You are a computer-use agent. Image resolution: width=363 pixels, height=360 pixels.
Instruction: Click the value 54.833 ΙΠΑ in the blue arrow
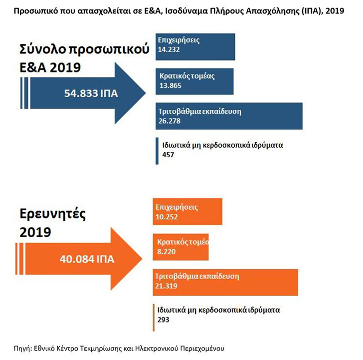[91, 94]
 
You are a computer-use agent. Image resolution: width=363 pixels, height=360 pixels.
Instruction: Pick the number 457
[167, 155]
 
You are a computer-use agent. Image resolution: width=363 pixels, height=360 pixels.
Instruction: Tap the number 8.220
[166, 253]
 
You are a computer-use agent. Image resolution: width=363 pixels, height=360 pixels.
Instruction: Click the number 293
[164, 320]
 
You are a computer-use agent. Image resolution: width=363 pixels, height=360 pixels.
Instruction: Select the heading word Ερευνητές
[52, 215]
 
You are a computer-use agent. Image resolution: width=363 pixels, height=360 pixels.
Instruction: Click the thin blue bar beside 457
[157, 150]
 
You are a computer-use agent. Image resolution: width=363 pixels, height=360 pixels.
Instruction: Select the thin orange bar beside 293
[153, 316]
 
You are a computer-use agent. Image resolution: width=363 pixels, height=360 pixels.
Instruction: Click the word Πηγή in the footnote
[22, 347]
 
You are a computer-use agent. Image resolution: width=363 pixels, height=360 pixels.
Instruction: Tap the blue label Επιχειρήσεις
[179, 39]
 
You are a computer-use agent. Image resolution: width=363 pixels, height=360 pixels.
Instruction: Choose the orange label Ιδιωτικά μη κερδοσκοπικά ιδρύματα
[218, 310]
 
